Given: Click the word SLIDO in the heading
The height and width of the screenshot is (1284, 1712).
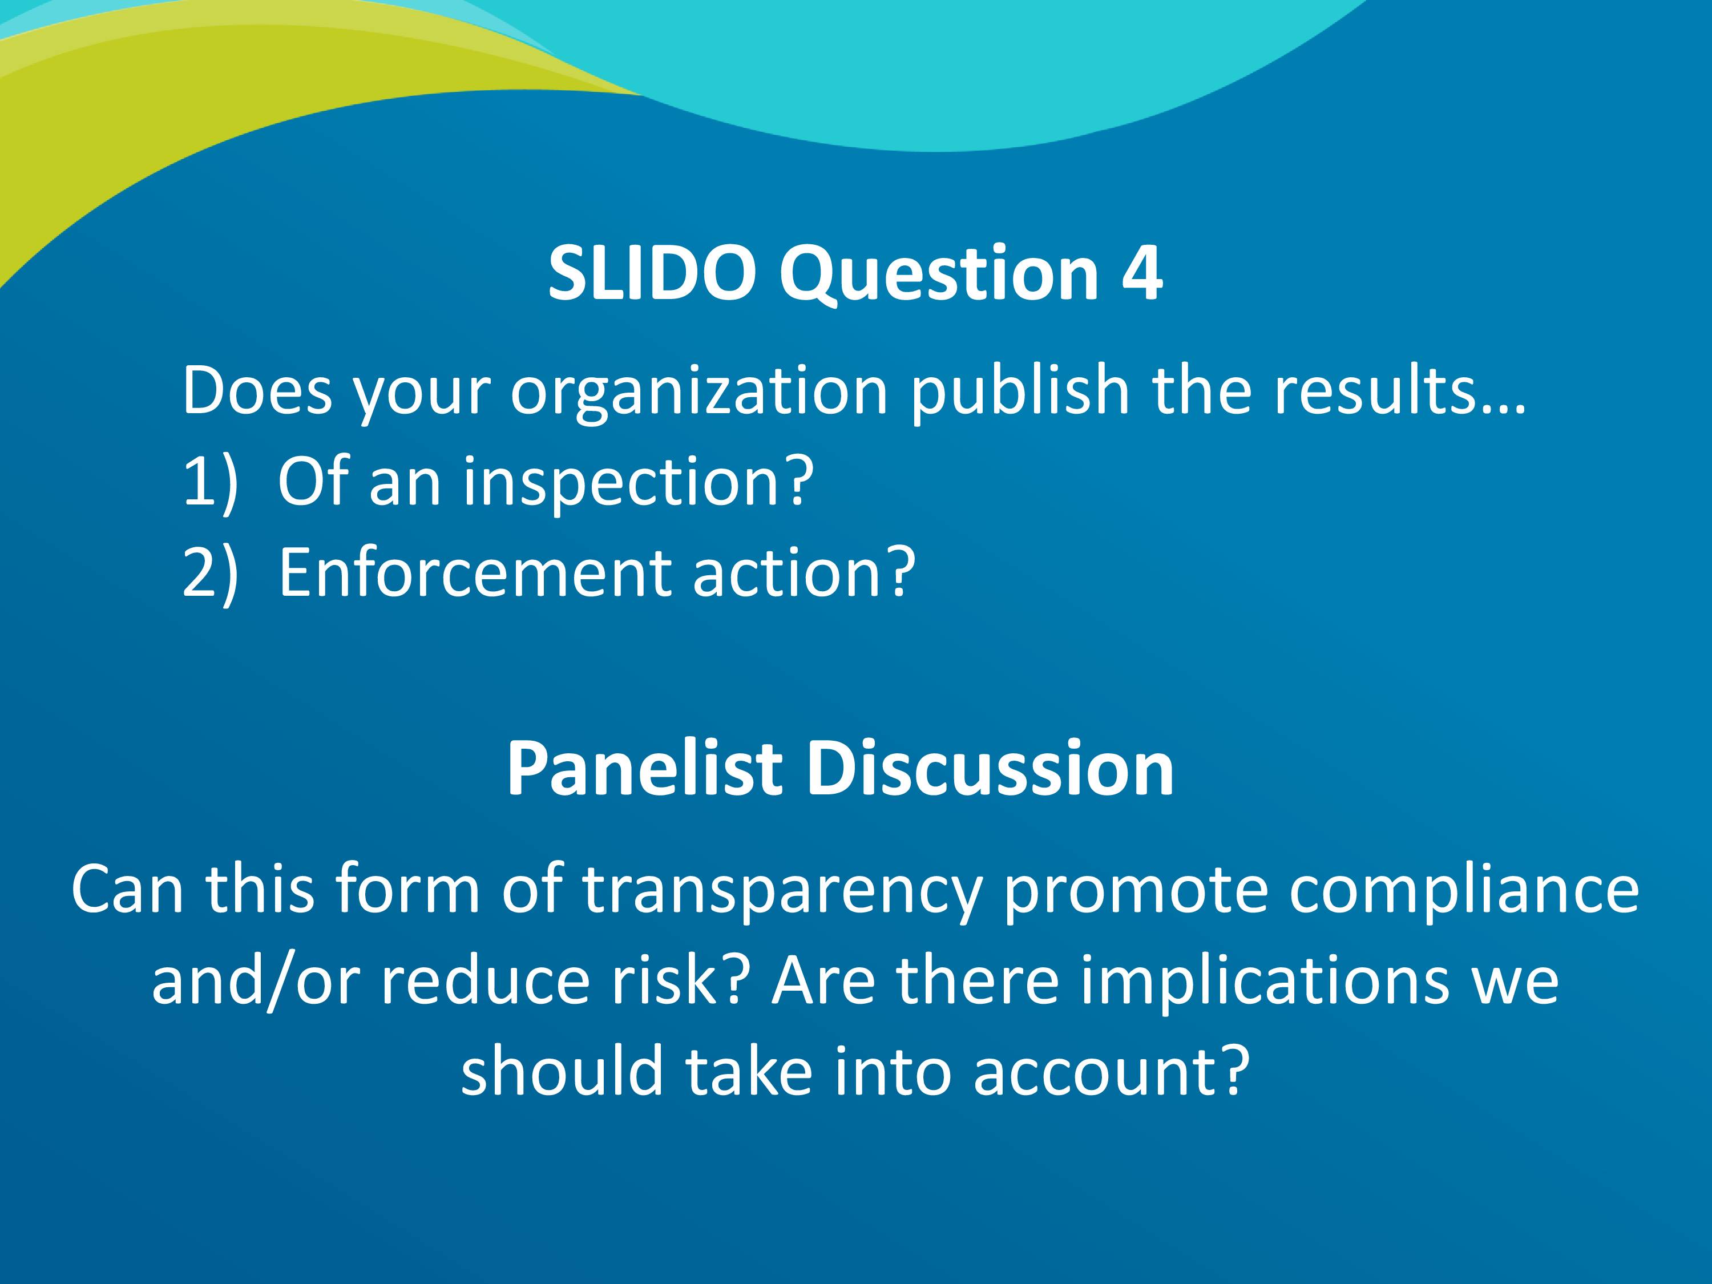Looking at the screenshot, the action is coord(652,273).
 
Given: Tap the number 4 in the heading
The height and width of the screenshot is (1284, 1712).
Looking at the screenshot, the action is coord(1141,273).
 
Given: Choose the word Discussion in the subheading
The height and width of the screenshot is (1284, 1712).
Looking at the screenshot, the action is coord(991,769).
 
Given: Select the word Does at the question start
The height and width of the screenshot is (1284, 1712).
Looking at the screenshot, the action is coord(257,391).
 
